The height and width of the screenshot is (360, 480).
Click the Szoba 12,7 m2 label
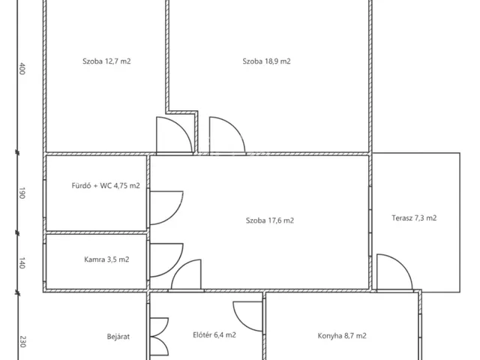(x=106, y=61)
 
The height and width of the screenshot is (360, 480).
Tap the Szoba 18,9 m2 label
(x=267, y=61)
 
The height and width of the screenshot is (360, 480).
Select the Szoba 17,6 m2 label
(x=270, y=220)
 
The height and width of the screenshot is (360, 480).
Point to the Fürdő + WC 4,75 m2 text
(x=106, y=185)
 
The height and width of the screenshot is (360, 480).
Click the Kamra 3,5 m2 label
(x=106, y=259)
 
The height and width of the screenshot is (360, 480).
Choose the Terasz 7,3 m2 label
(x=414, y=218)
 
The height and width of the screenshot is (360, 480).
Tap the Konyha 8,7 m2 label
(x=342, y=336)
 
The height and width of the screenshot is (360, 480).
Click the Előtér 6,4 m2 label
(x=214, y=335)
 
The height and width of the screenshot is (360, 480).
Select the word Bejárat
(x=118, y=337)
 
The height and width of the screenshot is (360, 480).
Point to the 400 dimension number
(x=22, y=68)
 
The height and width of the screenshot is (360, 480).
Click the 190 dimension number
(x=22, y=193)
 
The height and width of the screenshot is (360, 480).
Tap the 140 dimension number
(x=22, y=262)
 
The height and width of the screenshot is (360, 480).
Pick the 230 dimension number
(x=22, y=342)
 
